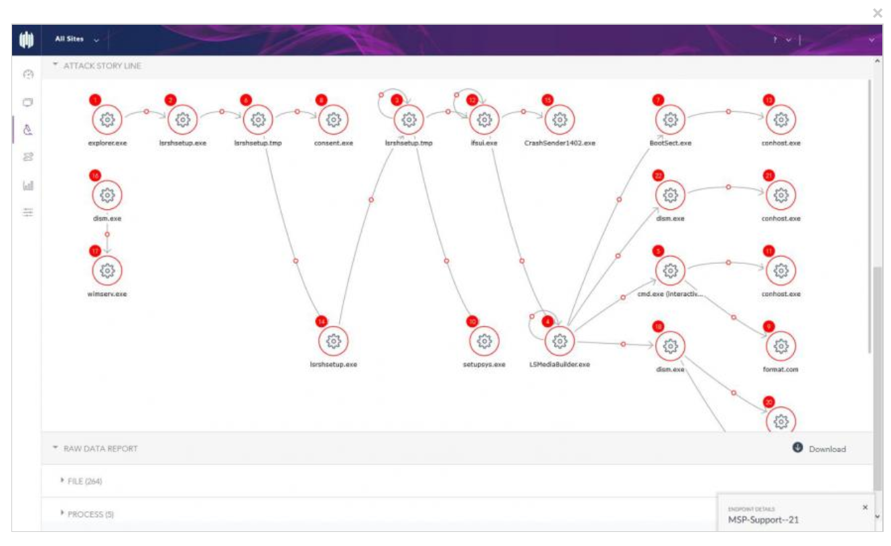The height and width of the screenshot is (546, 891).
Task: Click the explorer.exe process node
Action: click(107, 120)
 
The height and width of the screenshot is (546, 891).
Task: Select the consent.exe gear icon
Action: click(333, 120)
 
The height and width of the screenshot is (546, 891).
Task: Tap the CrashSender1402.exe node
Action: click(559, 120)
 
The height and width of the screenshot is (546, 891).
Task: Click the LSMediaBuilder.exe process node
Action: click(559, 341)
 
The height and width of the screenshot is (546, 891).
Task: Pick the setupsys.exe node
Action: click(484, 341)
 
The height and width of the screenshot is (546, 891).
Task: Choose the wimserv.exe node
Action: click(107, 271)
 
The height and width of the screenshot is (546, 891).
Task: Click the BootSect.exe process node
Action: click(669, 120)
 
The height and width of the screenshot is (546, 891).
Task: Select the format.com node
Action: click(780, 346)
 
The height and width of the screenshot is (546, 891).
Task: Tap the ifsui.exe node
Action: click(484, 120)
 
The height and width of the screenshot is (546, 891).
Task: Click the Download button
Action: click(819, 449)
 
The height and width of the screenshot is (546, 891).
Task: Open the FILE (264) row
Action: click(84, 481)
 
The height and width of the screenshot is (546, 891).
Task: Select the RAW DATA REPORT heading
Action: click(100, 448)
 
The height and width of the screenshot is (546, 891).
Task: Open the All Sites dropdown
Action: click(76, 40)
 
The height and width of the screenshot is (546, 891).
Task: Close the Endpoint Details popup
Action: click(865, 507)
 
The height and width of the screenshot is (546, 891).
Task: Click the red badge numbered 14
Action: click(322, 322)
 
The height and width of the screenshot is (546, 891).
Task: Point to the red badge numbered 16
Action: click(95, 176)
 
